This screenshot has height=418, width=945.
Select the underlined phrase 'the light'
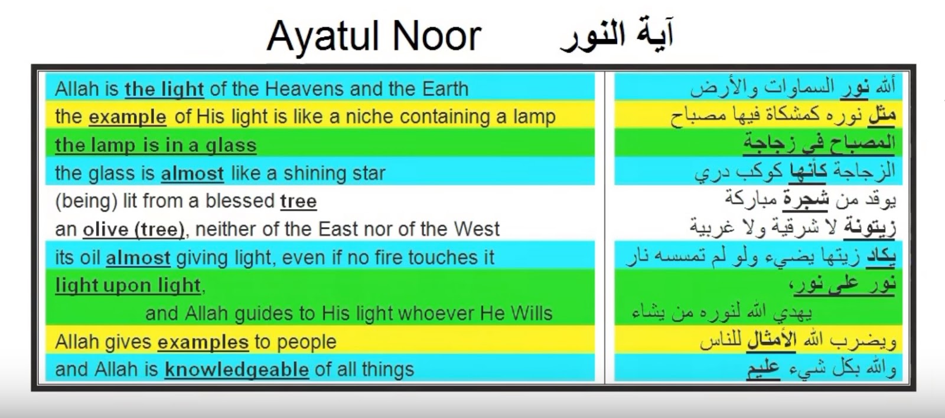pyautogui.click(x=165, y=89)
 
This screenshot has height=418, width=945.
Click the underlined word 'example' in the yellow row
pyautogui.click(x=128, y=117)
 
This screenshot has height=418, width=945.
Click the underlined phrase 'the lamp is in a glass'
pyautogui.click(x=156, y=145)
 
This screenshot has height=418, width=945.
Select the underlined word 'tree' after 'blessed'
pyautogui.click(x=298, y=202)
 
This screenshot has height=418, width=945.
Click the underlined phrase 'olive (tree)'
pyautogui.click(x=133, y=229)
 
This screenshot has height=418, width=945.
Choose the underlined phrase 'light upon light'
pyautogui.click(x=128, y=286)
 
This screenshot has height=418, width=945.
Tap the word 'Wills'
pyautogui.click(x=531, y=314)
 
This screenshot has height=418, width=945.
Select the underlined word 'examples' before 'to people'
pyautogui.click(x=203, y=342)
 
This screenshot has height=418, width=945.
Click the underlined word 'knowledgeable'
pyautogui.click(x=237, y=370)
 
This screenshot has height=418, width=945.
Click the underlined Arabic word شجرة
pyautogui.click(x=806, y=199)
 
